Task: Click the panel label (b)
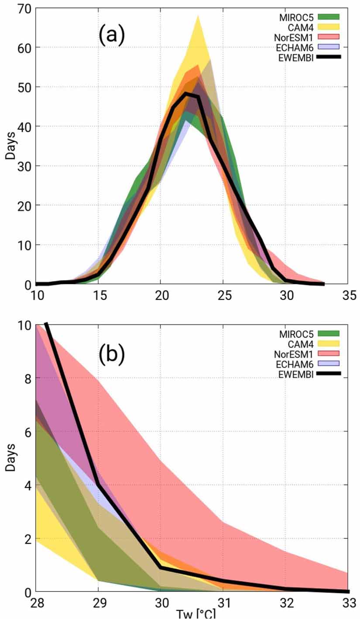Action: click(112, 354)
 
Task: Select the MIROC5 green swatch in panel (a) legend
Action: click(329, 17)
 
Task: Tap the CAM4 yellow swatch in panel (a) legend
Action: click(329, 27)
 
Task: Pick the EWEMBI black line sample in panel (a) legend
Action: click(329, 57)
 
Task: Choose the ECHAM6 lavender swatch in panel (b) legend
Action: click(329, 363)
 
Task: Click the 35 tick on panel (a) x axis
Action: click(348, 296)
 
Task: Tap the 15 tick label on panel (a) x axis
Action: click(98, 296)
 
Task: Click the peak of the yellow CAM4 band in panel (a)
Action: click(198, 16)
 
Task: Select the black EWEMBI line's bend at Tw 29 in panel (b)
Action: click(99, 484)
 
